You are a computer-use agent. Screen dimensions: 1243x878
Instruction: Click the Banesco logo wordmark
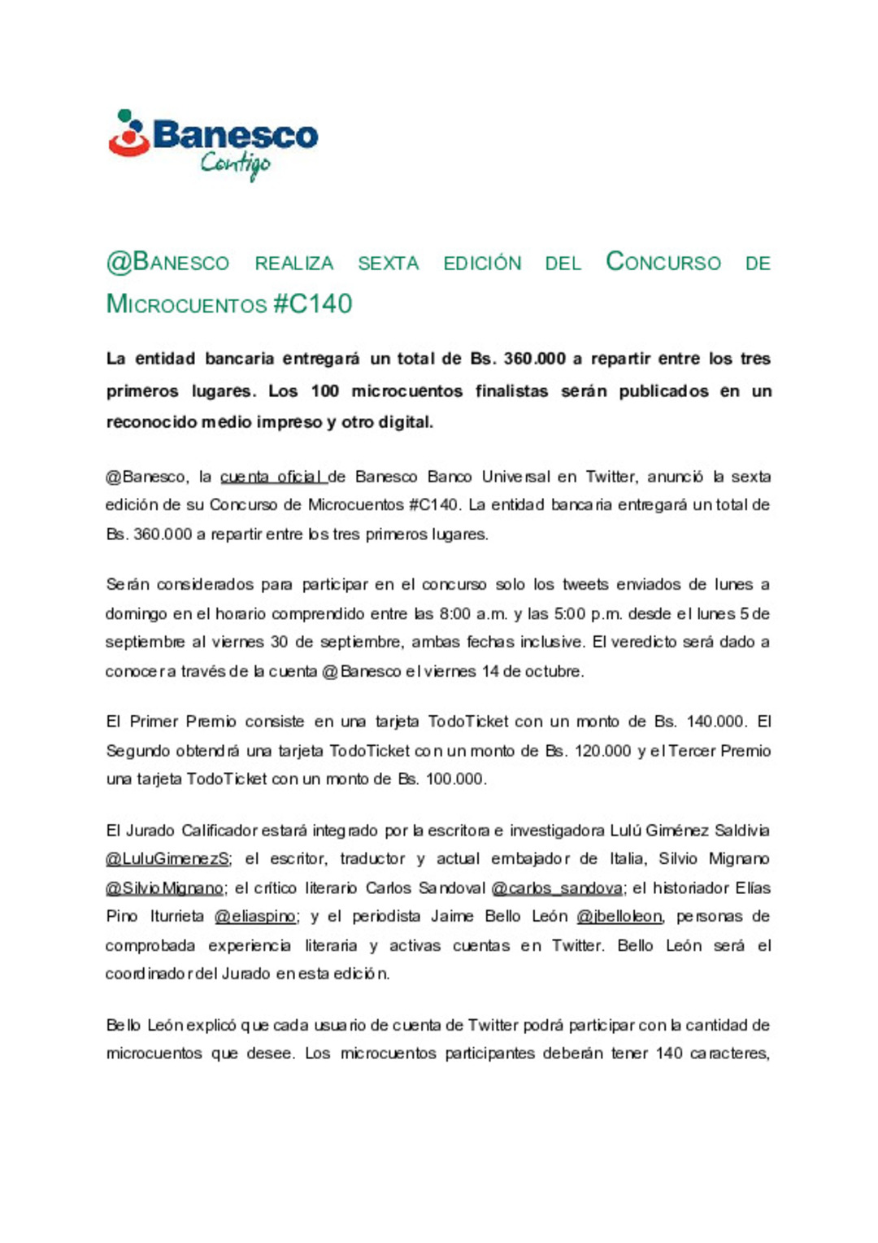[235, 134]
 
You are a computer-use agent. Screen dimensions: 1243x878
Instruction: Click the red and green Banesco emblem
[128, 133]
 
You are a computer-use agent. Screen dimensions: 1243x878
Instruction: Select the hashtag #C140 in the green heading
[313, 304]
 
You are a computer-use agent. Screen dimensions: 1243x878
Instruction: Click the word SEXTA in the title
[389, 264]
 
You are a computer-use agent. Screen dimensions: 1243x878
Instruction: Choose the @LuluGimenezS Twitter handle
[167, 859]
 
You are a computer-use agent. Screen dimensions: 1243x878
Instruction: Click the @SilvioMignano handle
[164, 888]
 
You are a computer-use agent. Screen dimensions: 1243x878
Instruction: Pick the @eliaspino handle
[255, 917]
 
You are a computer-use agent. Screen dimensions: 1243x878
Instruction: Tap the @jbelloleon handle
[619, 917]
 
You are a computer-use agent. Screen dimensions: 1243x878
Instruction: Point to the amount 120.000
[602, 751]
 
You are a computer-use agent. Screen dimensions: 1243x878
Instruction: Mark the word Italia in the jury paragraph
[628, 859]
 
